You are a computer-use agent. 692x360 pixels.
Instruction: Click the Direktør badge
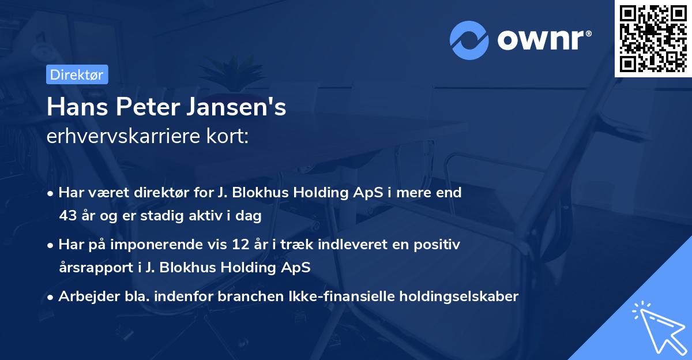(x=76, y=74)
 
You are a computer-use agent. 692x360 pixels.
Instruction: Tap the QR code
(x=653, y=38)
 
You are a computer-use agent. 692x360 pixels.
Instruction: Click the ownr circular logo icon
(x=469, y=40)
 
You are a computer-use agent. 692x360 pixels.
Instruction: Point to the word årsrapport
(x=92, y=268)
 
